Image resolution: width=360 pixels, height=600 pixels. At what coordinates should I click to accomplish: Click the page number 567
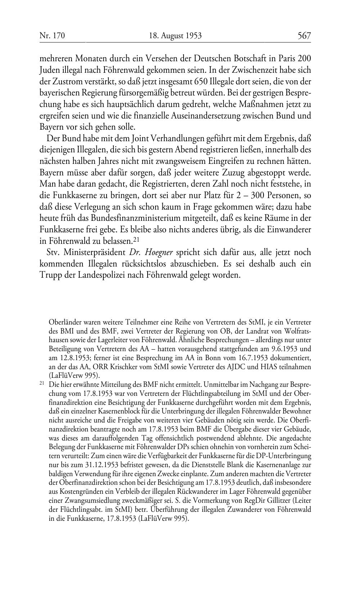[x=304, y=35]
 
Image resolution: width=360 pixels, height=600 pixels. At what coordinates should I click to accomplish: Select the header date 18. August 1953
[x=175, y=35]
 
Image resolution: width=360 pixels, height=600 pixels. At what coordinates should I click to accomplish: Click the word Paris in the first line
[x=287, y=58]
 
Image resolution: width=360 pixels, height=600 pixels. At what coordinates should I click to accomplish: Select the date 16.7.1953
[x=231, y=358]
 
